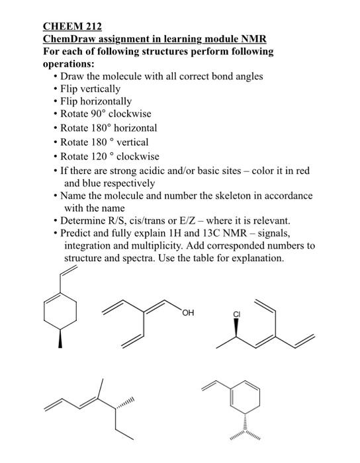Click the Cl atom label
pos(236,315)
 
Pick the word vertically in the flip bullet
pos(99,89)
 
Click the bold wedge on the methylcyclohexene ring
pos(60,339)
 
